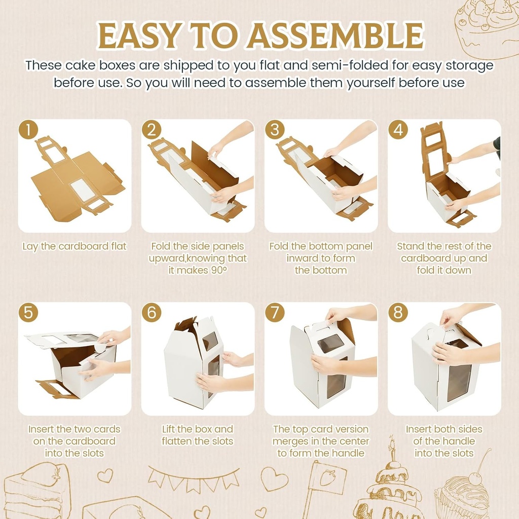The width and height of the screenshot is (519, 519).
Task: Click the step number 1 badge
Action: [28, 130]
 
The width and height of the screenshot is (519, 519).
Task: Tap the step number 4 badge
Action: [398, 130]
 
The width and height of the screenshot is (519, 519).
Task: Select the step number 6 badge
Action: [152, 312]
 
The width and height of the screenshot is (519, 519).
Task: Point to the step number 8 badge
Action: [398, 312]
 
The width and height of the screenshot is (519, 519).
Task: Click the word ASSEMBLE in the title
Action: [336, 35]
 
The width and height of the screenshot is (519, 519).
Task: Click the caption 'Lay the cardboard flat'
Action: [75, 246]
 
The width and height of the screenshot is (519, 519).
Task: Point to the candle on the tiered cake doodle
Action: [393, 449]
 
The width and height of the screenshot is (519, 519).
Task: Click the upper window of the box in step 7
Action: [331, 343]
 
